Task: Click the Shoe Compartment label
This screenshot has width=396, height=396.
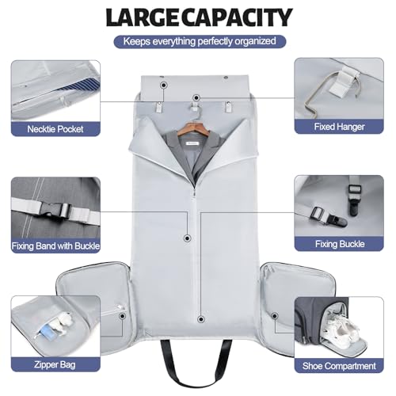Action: [345, 365]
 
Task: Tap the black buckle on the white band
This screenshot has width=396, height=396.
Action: [57, 211]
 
